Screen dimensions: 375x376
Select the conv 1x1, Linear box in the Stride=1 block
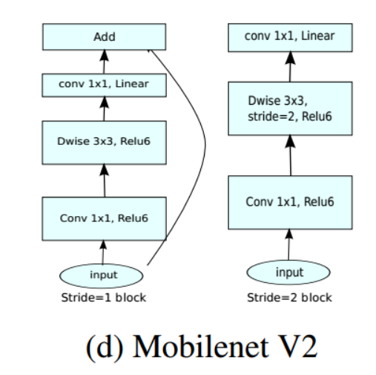(105, 84)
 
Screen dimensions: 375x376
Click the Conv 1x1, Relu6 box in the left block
(105, 217)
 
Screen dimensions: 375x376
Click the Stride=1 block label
(105, 298)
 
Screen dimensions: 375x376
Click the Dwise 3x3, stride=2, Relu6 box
(290, 108)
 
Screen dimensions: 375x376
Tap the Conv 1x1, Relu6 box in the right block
(290, 200)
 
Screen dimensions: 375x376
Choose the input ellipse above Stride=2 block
(289, 273)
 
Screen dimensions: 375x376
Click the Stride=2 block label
(290, 298)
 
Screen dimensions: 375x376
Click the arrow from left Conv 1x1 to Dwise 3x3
(105, 180)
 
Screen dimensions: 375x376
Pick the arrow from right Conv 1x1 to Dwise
(290, 156)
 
